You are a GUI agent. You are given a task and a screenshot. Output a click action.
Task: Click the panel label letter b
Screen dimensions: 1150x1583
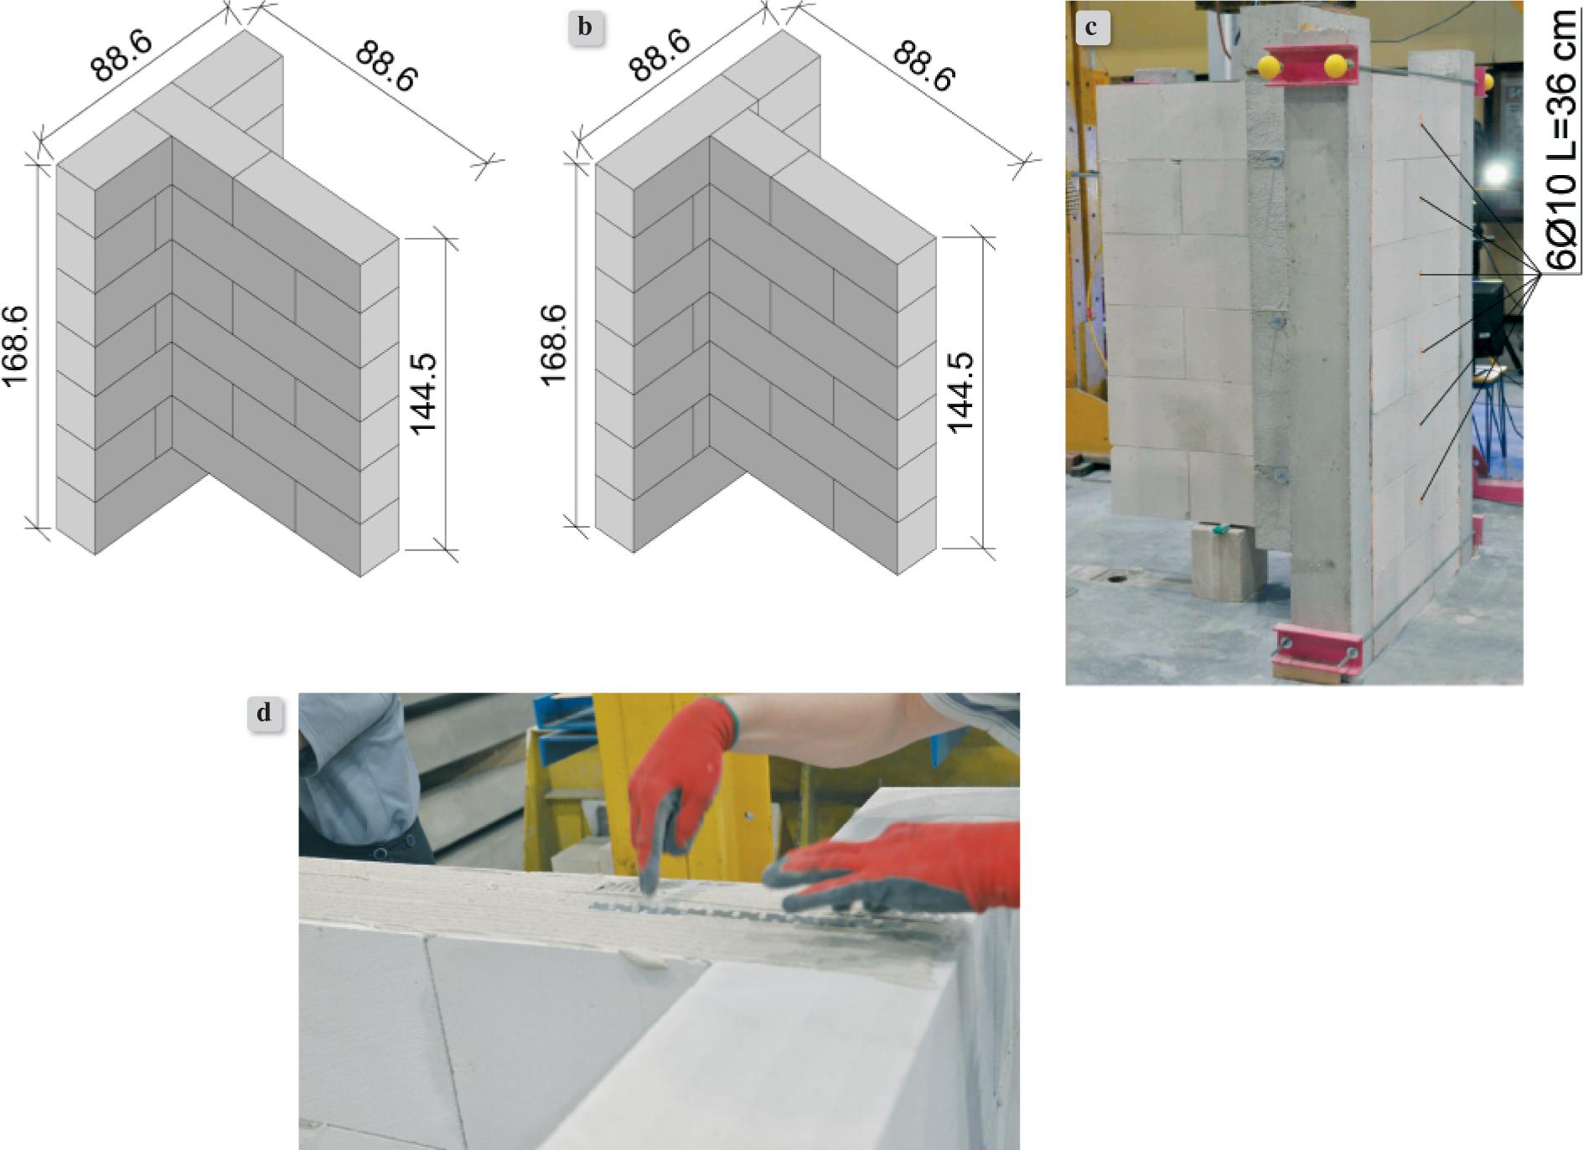[x=585, y=28]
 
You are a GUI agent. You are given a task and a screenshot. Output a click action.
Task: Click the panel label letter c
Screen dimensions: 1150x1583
[x=1090, y=28]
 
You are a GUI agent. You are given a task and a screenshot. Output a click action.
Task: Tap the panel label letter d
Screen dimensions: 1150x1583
[x=264, y=714]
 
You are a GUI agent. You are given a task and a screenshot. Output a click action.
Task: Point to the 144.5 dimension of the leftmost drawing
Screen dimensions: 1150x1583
[x=426, y=394]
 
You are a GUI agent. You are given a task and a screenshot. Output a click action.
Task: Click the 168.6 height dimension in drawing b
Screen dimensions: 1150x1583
[x=554, y=345]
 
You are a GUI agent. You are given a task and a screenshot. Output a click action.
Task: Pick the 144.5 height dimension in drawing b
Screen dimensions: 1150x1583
[x=962, y=392]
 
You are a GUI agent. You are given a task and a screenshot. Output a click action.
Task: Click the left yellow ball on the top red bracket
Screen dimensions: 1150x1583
[x=1270, y=66]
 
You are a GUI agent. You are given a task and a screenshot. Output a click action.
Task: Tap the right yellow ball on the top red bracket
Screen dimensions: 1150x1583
[x=1336, y=66]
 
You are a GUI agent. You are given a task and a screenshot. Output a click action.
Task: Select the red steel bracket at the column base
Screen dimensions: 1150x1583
[x=1316, y=652]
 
